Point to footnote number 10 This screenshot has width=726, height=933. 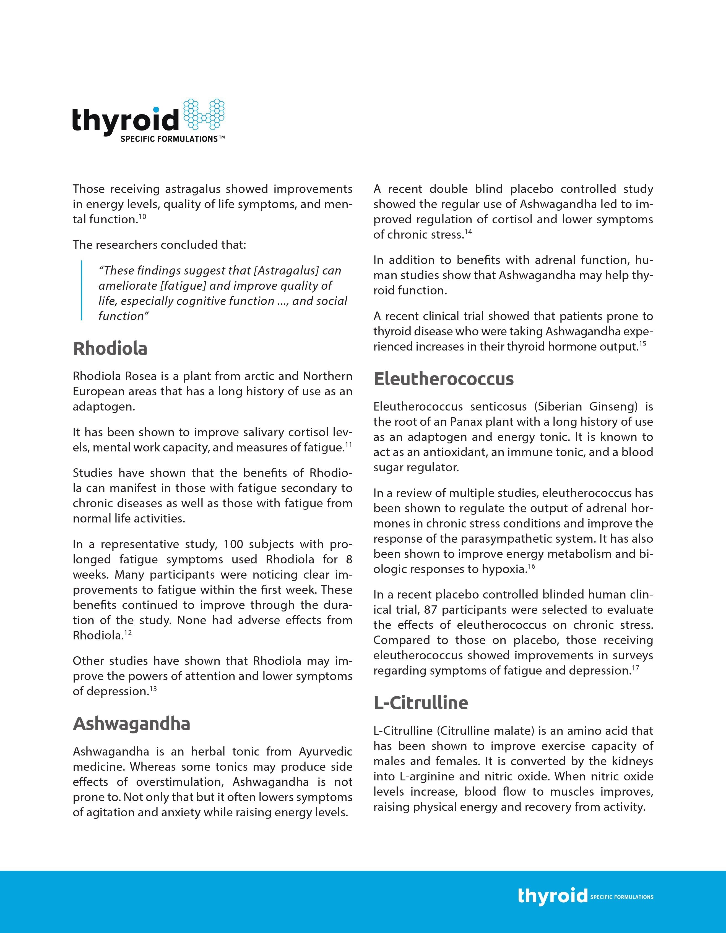point(142,216)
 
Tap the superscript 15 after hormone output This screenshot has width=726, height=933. point(643,344)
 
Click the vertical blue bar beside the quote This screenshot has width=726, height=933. point(81,291)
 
